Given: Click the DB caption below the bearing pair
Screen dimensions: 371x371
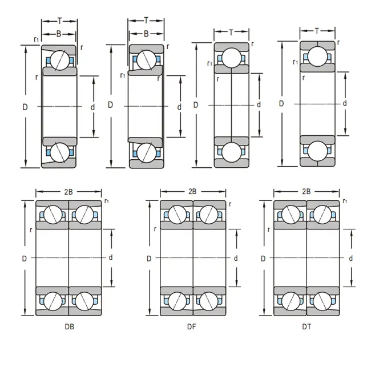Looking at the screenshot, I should coord(69,327).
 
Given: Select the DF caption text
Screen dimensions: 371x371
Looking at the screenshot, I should coord(192,327).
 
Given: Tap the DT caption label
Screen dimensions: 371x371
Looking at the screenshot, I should coord(307,327).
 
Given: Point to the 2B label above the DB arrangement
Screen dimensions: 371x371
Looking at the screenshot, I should coord(68,192).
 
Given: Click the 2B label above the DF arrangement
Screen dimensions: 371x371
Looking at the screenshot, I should coord(192,192).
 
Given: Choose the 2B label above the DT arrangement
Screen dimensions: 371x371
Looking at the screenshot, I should coord(307,192).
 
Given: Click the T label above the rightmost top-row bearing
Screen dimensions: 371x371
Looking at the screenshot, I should coord(317,30).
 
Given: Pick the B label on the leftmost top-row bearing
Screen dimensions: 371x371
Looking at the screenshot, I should coord(59,34).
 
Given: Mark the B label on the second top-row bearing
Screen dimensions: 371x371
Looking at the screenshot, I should coord(146,34).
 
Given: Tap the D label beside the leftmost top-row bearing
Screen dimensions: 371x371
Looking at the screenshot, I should coord(25,106).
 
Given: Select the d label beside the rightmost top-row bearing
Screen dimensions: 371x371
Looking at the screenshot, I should coord(344,103).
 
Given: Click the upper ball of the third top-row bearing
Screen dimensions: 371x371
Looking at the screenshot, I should coord(231,57).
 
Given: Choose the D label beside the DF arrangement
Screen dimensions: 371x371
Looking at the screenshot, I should coord(149,258).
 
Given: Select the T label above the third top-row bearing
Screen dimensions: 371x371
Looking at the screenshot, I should coord(231,32).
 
